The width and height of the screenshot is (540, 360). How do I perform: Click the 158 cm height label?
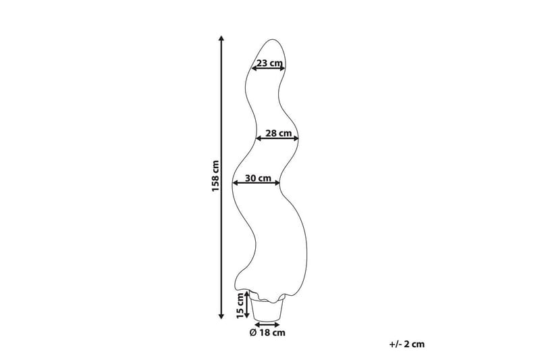point(215,176)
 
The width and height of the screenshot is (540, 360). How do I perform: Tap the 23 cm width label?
point(269,63)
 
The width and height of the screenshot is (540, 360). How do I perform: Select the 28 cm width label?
point(278,133)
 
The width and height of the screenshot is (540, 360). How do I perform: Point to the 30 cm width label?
point(258,178)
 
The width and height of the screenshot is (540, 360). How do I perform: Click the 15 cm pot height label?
point(240,305)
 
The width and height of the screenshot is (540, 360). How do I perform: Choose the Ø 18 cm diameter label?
point(267,332)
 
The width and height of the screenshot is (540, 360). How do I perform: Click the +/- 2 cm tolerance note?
point(407,344)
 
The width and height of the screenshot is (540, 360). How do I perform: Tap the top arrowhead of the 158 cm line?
point(221,38)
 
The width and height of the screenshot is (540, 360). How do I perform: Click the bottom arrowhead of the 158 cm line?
point(221,316)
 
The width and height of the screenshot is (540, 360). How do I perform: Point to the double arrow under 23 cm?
point(268,68)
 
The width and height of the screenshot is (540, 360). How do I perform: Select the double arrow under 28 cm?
point(277,138)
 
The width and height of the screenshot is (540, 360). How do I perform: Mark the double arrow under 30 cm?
point(256,183)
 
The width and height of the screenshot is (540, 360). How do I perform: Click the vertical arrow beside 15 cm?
point(246,305)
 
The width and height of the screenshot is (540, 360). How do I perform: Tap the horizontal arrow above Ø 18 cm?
point(267,324)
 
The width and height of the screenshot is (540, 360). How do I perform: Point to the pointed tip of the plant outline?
point(273,39)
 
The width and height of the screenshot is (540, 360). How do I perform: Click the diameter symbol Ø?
point(253,333)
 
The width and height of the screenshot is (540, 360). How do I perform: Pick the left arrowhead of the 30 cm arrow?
point(235,183)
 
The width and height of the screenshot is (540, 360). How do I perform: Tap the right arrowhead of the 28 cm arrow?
point(296,138)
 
